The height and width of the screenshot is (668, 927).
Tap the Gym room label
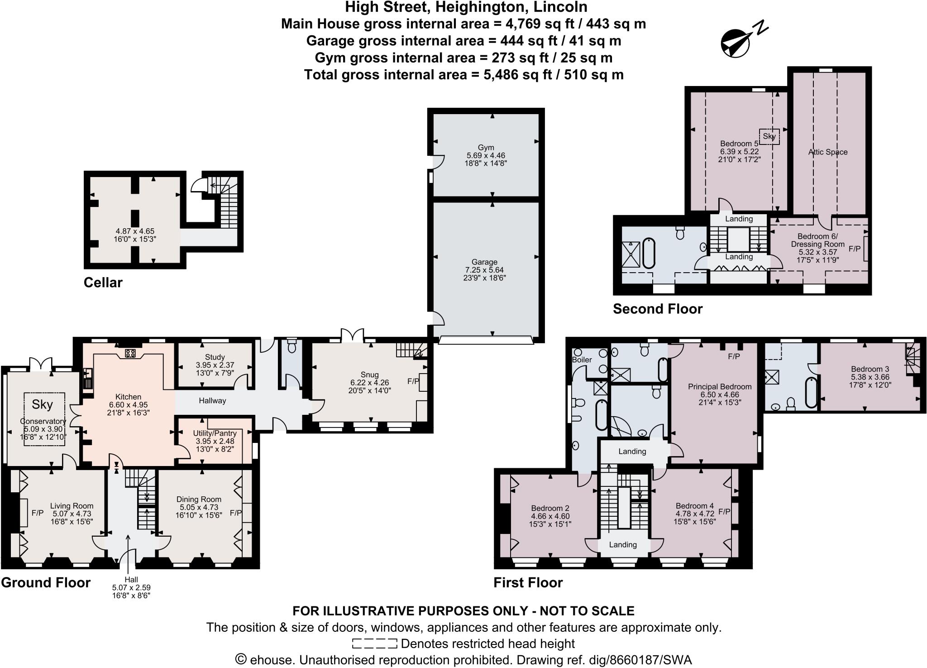(x=485, y=148)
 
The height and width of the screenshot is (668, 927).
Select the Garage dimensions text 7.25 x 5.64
(x=484, y=270)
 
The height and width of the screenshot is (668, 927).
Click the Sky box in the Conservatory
(x=42, y=404)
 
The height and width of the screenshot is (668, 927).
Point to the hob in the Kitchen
(x=131, y=353)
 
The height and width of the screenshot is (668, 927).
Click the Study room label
(x=215, y=357)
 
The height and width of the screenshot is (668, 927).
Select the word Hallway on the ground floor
(x=212, y=401)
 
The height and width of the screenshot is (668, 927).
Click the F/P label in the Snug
(x=413, y=382)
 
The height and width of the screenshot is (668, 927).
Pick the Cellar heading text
(x=103, y=283)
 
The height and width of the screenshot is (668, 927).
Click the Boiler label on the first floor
(x=582, y=360)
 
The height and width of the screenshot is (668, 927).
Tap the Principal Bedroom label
(x=720, y=386)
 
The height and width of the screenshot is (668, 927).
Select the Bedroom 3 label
(x=866, y=369)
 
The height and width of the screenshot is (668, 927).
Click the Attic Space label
(x=827, y=152)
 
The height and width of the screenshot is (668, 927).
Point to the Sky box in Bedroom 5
(x=769, y=136)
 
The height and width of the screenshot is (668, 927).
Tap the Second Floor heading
(x=657, y=309)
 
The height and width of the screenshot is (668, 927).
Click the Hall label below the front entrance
(x=131, y=580)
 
